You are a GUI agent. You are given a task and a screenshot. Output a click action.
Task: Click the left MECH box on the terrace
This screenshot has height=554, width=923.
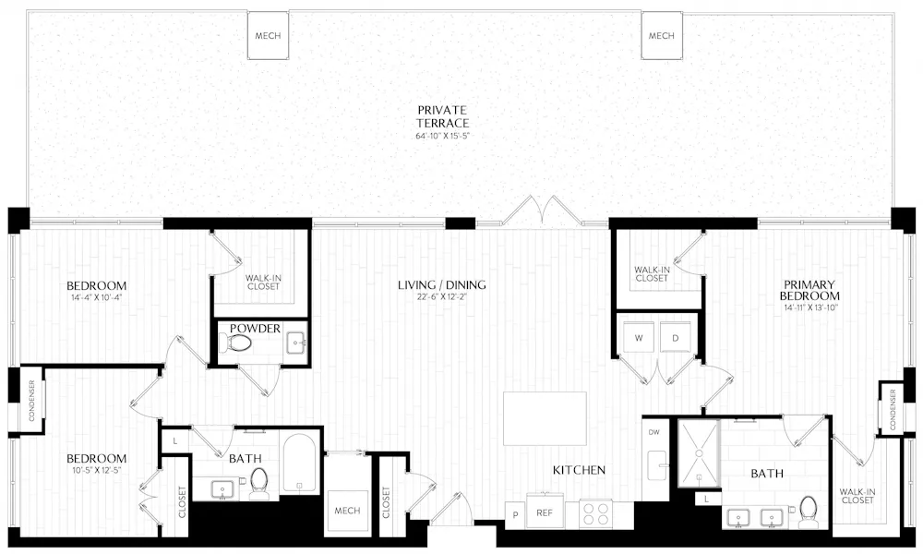[268, 37]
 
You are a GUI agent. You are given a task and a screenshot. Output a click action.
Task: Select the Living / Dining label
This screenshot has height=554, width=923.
[441, 284]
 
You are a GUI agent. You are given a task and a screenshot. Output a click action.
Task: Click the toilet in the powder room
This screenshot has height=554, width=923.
[239, 343]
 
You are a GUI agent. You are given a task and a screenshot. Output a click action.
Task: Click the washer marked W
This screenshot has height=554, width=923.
[638, 338]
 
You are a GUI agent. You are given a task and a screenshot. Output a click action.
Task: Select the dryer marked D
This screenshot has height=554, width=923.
[676, 338]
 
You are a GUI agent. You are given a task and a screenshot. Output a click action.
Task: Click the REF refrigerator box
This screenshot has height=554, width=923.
[545, 514]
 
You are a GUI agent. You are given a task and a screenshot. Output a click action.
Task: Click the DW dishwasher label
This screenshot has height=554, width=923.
[653, 431]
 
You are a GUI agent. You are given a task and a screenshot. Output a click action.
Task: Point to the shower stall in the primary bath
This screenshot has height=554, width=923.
[699, 454]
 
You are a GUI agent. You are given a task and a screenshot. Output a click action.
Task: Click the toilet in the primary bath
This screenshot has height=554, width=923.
[809, 509]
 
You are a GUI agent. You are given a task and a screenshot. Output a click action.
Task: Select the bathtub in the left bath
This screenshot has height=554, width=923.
[300, 464]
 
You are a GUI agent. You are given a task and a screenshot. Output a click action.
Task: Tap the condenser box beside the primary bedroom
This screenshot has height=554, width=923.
[893, 407]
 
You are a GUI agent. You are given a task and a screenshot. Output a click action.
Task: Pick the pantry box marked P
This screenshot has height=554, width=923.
[513, 514]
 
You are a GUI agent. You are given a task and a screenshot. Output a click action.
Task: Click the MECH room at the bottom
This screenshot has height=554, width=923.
[347, 511]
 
